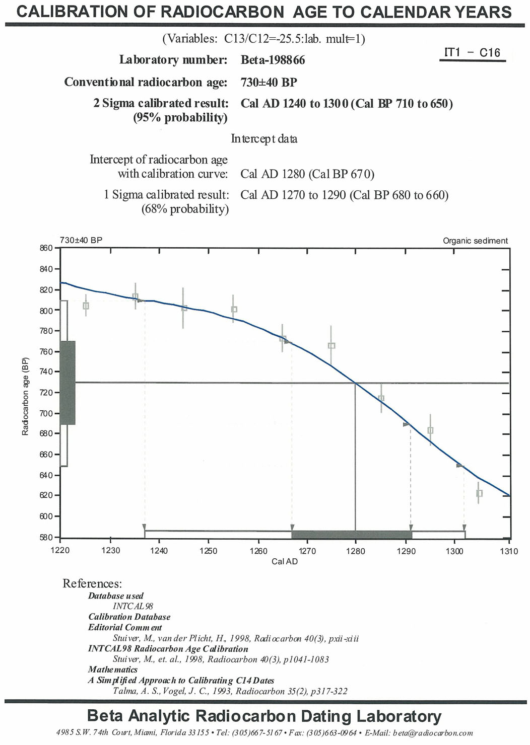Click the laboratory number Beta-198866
point(273,60)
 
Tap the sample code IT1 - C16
point(472,52)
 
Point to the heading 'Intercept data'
point(264,138)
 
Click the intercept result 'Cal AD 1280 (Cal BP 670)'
point(307,174)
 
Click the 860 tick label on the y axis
point(46,248)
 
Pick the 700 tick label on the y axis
point(46,413)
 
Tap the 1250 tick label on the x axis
point(208,551)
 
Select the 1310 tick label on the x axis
point(509,551)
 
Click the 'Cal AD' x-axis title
point(285,562)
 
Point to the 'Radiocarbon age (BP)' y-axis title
point(25,396)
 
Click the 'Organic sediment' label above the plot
point(475,241)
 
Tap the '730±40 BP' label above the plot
point(81,240)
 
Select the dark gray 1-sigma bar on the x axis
point(352,535)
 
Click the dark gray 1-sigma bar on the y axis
point(68,383)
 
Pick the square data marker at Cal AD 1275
point(332,346)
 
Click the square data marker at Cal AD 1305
point(479,493)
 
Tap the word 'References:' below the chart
point(92,584)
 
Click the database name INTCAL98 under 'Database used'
point(133,607)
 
